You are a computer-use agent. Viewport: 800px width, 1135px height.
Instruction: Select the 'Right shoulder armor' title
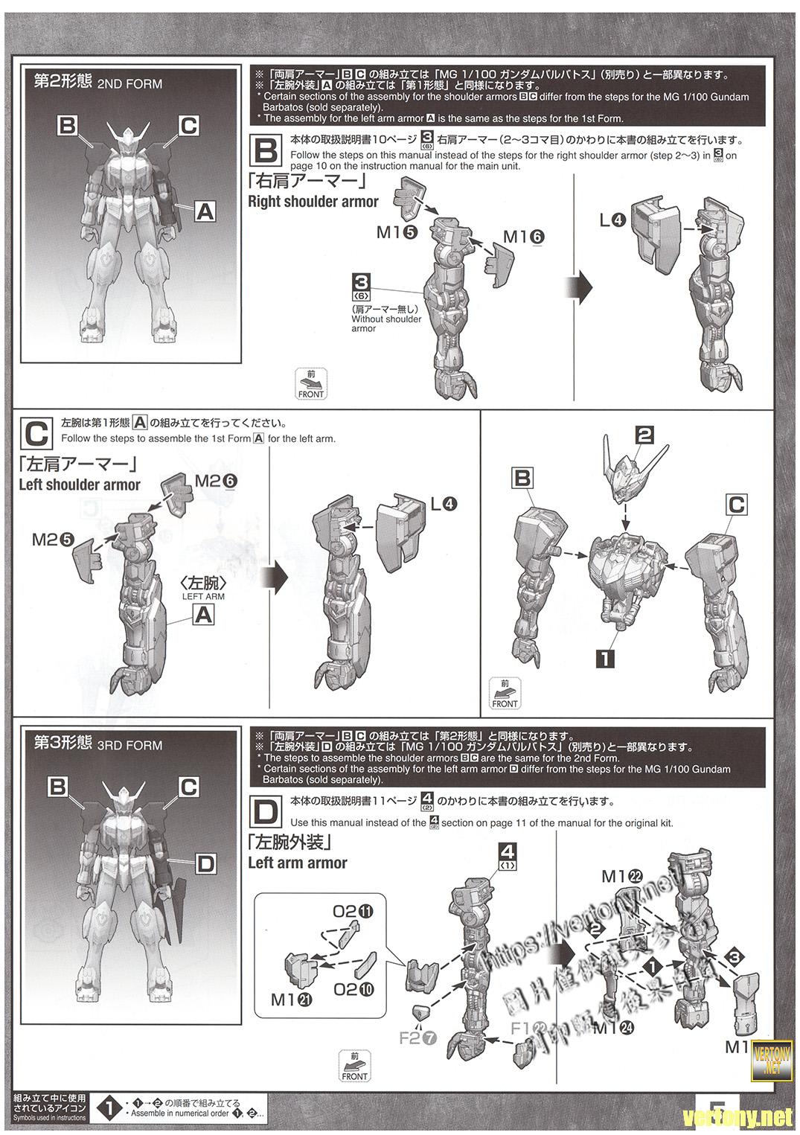click(313, 202)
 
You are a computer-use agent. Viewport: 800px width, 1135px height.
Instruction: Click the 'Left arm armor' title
click(298, 863)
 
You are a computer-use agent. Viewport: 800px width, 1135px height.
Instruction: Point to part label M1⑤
click(397, 232)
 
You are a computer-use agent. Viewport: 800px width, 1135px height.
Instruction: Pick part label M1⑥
click(524, 237)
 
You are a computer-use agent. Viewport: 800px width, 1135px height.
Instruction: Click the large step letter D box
click(266, 812)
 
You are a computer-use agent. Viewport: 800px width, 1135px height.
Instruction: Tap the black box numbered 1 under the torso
click(605, 658)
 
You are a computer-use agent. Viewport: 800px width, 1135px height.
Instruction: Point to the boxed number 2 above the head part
click(644, 435)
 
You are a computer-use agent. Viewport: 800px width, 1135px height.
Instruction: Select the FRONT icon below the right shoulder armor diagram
click(311, 384)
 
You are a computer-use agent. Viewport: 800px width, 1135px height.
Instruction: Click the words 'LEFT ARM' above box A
click(203, 596)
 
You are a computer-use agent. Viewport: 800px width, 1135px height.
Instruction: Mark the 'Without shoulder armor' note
click(385, 319)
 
